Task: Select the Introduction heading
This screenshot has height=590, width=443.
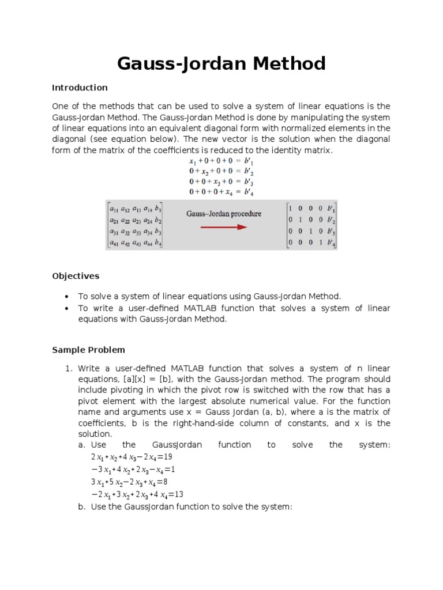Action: click(x=80, y=88)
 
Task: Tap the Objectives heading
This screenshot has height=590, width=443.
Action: click(x=76, y=276)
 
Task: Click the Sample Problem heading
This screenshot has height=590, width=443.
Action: click(x=88, y=350)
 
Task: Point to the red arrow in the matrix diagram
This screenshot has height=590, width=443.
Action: click(x=223, y=227)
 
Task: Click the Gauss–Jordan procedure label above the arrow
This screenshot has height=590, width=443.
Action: click(x=223, y=214)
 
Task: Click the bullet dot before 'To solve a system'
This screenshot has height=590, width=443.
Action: click(x=67, y=297)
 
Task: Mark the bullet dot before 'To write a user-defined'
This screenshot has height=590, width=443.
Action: click(x=67, y=308)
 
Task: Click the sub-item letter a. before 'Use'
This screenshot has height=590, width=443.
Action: click(x=81, y=445)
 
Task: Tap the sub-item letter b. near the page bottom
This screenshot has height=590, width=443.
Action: click(x=81, y=506)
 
